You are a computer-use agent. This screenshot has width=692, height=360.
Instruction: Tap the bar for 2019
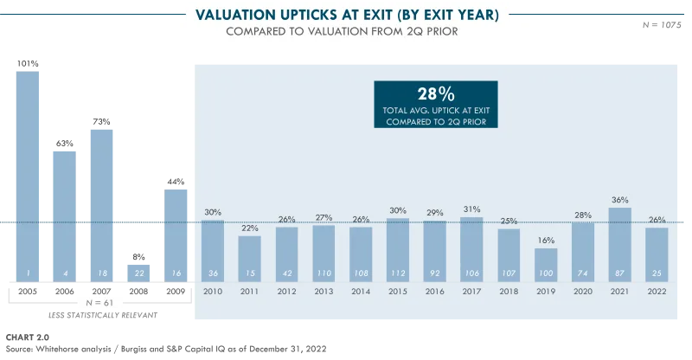pos(546,262)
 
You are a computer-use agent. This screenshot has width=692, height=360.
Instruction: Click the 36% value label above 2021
pos(620,201)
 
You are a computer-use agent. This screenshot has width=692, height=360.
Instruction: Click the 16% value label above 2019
pos(546,241)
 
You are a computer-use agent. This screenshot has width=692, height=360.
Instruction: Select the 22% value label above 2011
pos(249,228)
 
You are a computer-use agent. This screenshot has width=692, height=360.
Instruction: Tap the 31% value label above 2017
pos(471,210)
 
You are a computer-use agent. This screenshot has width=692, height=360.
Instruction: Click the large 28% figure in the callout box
pos(436,94)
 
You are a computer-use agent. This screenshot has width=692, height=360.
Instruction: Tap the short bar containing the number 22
pos(138,270)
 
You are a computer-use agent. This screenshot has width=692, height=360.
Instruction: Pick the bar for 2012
pos(286,252)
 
